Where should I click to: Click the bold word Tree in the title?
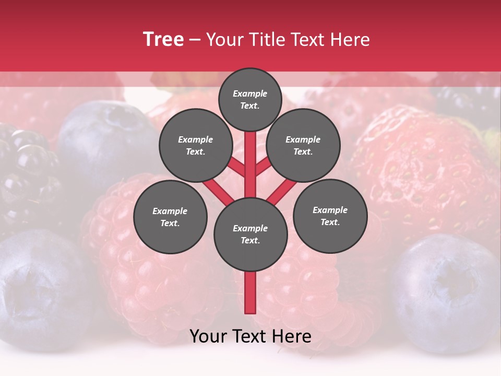coord(163,40)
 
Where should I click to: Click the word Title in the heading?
coord(268,40)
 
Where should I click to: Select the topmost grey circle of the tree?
coord(250,99)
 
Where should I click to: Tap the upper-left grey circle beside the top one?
coord(196,146)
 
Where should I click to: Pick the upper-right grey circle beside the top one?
coord(303,146)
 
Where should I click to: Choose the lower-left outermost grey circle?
coord(170,217)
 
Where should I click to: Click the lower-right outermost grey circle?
coord(330,216)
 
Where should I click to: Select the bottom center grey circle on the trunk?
coord(250,234)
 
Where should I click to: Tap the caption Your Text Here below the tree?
coord(250,337)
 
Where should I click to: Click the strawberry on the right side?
coord(423,167)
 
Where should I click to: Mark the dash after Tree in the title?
coord(195,40)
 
